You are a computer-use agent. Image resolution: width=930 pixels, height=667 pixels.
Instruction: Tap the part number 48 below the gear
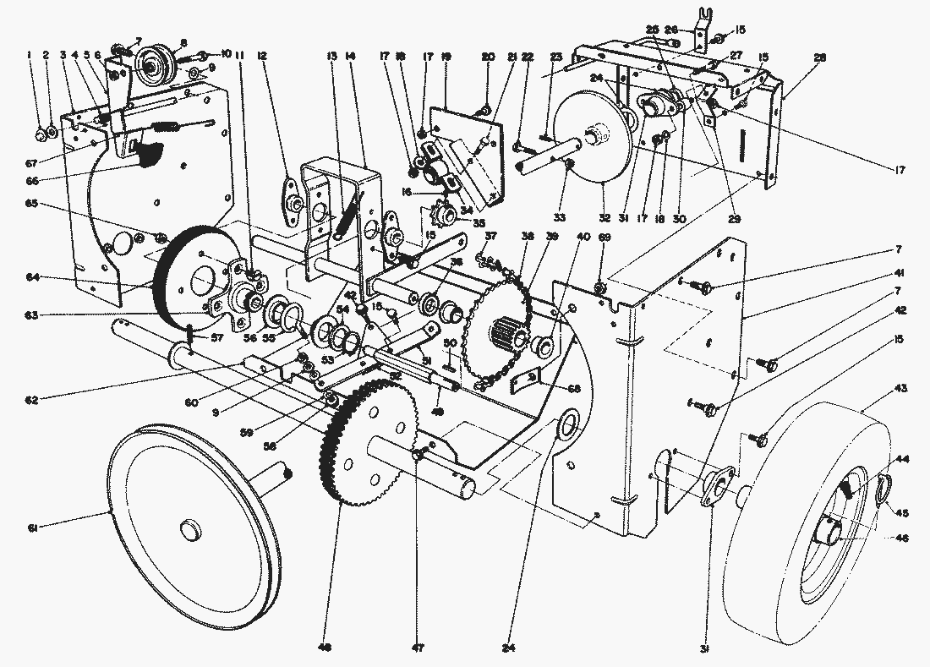(326, 648)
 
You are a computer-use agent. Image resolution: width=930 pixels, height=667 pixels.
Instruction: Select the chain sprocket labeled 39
(499, 325)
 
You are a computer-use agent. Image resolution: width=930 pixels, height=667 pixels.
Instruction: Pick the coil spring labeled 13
(347, 216)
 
